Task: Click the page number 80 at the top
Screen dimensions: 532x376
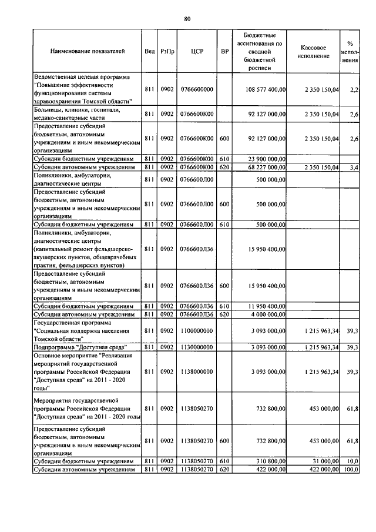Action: click(x=187, y=19)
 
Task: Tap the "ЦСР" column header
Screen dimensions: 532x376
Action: click(x=197, y=52)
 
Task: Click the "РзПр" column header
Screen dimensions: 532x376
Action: click(x=167, y=52)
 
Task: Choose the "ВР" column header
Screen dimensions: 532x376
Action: click(x=224, y=52)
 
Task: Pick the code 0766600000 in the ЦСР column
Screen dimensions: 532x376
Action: click(x=197, y=89)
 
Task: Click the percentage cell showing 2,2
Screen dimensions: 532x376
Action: click(x=354, y=89)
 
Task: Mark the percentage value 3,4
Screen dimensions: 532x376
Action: click(x=354, y=167)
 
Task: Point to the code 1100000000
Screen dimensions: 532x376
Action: click(x=197, y=331)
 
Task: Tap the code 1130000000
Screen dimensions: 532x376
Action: click(x=197, y=347)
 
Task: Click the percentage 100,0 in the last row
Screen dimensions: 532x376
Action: click(x=352, y=470)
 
